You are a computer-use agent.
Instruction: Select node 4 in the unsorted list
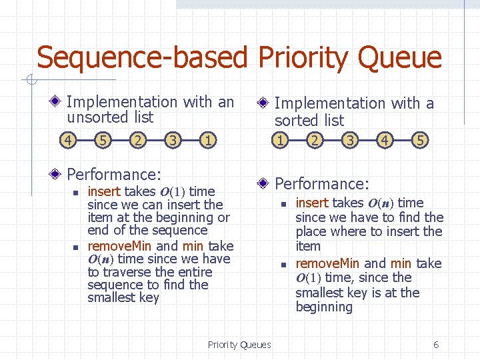(67, 141)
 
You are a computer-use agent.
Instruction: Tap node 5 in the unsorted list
(103, 141)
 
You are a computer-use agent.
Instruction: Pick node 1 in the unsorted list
(209, 141)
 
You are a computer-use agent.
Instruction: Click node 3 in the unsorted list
(173, 141)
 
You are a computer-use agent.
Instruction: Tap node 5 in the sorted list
(419, 141)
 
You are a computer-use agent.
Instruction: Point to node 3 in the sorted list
(350, 141)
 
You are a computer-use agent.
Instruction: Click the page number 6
(436, 345)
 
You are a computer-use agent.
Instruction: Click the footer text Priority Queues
(239, 345)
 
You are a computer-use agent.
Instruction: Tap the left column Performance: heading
(114, 175)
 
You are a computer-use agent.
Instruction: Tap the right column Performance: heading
(322, 183)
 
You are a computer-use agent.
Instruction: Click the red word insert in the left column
(104, 192)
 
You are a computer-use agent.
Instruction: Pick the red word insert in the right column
(312, 203)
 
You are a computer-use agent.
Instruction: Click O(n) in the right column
(381, 203)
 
